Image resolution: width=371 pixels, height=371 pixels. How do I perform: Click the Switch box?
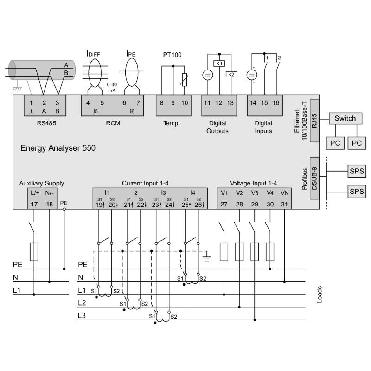click(x=345, y=118)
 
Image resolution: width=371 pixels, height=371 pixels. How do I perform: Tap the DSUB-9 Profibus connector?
click(x=313, y=177)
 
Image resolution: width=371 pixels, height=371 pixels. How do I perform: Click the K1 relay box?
click(x=219, y=64)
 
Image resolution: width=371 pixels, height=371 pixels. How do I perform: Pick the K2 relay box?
click(x=230, y=74)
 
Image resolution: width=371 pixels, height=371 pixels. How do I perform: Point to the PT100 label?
click(x=172, y=55)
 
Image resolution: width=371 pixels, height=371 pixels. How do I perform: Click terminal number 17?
click(x=35, y=205)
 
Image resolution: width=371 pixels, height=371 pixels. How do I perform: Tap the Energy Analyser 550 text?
click(x=58, y=149)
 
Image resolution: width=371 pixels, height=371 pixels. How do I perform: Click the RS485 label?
click(x=45, y=124)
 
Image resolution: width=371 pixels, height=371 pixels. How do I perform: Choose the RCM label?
click(x=113, y=124)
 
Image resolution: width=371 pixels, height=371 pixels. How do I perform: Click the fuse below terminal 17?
click(x=34, y=251)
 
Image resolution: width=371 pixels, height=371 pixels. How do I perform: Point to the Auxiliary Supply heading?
click(x=41, y=183)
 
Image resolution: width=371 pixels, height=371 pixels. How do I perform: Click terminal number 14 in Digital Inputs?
click(x=253, y=103)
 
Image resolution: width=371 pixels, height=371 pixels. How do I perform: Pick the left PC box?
click(x=335, y=143)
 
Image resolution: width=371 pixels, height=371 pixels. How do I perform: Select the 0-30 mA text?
click(x=112, y=88)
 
